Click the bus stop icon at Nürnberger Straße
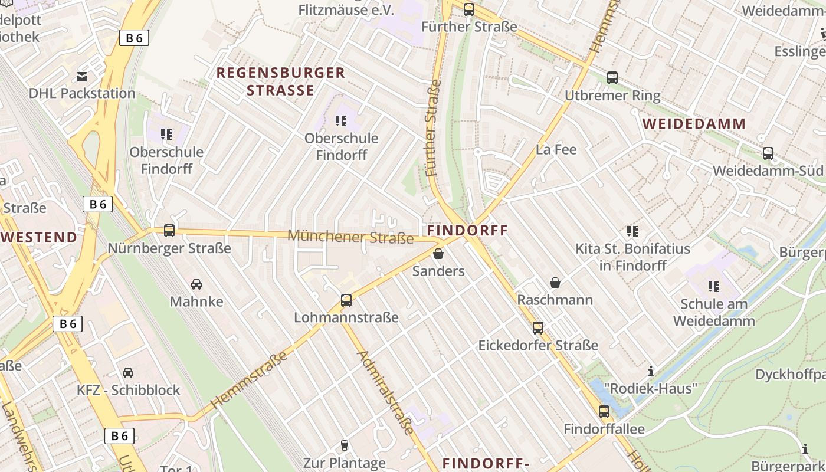click(169, 231)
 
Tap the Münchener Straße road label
click(350, 237)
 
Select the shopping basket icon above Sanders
click(438, 254)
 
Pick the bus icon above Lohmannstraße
click(346, 300)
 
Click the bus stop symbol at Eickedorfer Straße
click(538, 328)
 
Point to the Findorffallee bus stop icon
click(604, 412)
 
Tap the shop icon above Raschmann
click(555, 283)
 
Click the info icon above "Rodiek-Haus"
click(651, 371)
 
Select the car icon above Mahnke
click(196, 284)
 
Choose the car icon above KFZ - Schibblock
click(128, 373)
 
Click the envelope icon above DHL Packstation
click(82, 76)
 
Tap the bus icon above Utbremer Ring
click(612, 78)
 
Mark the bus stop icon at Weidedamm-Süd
click(768, 153)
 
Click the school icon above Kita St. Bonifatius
click(632, 231)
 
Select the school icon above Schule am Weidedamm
click(714, 287)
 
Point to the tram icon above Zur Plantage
click(345, 445)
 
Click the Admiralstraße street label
click(386, 392)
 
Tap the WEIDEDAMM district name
click(694, 124)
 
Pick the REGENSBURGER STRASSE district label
click(281, 81)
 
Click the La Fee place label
click(556, 149)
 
